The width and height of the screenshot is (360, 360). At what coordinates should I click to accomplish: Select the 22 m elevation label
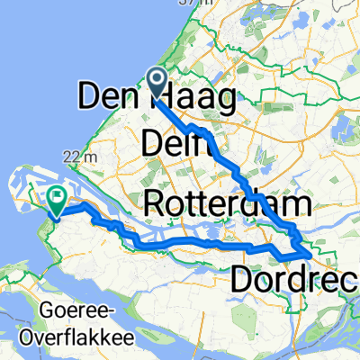pos(86,157)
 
